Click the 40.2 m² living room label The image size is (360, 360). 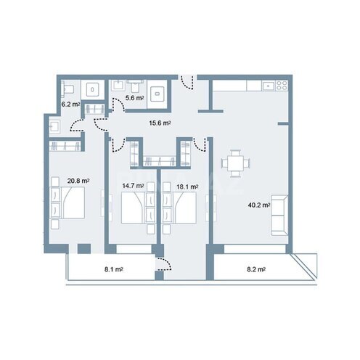coord(259,205)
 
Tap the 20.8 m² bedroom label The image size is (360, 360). coord(78,181)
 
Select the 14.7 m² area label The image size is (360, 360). coord(133,186)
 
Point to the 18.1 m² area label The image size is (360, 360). coord(187,187)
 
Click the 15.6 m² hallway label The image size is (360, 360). coord(160,123)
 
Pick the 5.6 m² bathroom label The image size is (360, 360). coord(134,98)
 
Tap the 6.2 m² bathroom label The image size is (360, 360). coord(70,105)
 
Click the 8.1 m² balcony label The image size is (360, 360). coord(114,269)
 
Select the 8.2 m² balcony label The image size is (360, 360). coord(256,269)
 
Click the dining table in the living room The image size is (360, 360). coord(235,164)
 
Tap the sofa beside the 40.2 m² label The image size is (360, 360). coord(279,215)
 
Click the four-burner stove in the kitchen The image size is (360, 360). coord(282,86)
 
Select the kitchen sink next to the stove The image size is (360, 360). coord(269,86)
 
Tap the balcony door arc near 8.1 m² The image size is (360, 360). coord(165,263)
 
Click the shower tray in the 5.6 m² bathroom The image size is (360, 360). coord(157,94)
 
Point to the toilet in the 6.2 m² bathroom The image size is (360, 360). coord(67,89)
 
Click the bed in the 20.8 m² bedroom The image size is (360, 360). coord(67,202)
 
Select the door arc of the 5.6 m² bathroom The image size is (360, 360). coord(118,104)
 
